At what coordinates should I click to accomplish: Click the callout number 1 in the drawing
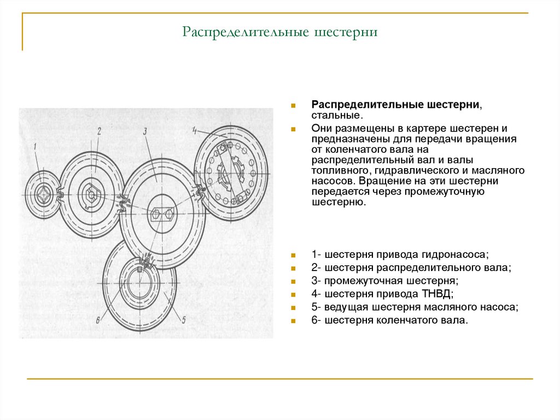[34, 146]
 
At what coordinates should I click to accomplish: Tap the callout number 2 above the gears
[99, 131]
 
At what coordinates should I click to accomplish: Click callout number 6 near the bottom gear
[97, 320]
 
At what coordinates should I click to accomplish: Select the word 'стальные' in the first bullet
[336, 116]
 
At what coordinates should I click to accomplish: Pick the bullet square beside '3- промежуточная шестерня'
[294, 281]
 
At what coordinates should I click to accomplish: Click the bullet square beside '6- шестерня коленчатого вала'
[294, 321]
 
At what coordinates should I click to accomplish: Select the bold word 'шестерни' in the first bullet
[452, 104]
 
